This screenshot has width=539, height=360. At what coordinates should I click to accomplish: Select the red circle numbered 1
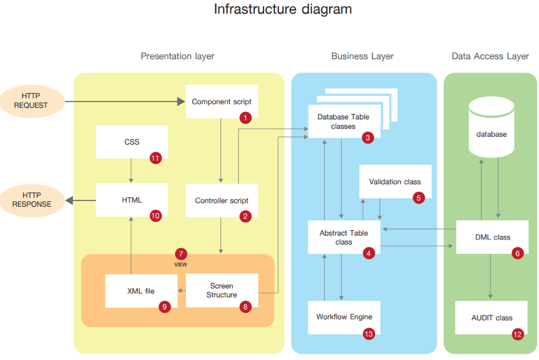246,118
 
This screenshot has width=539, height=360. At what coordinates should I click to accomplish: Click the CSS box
131,141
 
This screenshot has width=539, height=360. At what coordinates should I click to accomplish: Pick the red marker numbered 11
156,158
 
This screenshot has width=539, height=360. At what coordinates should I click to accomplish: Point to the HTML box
131,200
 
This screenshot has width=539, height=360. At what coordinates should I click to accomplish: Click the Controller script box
222,200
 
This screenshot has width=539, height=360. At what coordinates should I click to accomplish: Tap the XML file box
141,291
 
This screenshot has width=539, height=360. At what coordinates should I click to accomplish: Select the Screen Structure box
222,290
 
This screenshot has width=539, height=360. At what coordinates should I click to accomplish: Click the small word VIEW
181,265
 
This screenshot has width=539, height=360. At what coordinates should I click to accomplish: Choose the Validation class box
394,182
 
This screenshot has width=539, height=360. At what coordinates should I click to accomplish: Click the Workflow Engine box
344,317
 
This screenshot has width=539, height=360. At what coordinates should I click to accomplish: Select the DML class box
492,237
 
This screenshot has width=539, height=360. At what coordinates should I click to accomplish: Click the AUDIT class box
491,318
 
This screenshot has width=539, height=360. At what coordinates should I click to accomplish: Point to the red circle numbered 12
518,334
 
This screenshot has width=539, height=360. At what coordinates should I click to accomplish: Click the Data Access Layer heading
490,56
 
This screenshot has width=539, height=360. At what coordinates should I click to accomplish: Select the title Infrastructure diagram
282,10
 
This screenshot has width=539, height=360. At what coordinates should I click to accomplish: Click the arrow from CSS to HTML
131,171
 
